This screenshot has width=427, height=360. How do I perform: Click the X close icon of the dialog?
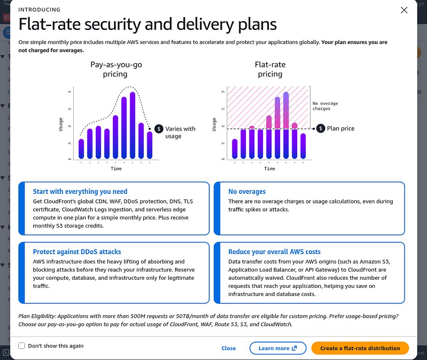pyautogui.click(x=404, y=10)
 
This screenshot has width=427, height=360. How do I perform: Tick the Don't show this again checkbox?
pyautogui.click(x=22, y=346)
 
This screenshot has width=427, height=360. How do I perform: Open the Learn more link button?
pyautogui.click(x=278, y=348)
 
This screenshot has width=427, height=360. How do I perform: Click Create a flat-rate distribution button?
pyautogui.click(x=360, y=348)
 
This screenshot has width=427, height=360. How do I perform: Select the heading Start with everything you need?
pyautogui.click(x=80, y=192)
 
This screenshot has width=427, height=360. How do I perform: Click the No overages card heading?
pyautogui.click(x=247, y=192)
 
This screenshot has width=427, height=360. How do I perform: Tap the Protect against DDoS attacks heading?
pyautogui.click(x=77, y=252)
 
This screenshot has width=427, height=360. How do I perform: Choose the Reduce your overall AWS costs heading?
pyautogui.click(x=274, y=252)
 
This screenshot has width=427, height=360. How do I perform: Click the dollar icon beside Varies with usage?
pyautogui.click(x=159, y=129)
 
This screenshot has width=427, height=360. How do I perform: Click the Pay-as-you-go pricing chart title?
pyautogui.click(x=116, y=69)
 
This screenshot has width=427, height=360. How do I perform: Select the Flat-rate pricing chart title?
pyautogui.click(x=270, y=69)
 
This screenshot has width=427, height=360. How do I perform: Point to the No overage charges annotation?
pyautogui.click(x=325, y=106)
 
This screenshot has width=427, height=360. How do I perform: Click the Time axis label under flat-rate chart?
pyautogui.click(x=269, y=169)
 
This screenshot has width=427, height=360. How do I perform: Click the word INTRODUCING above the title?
pyautogui.click(x=39, y=9)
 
